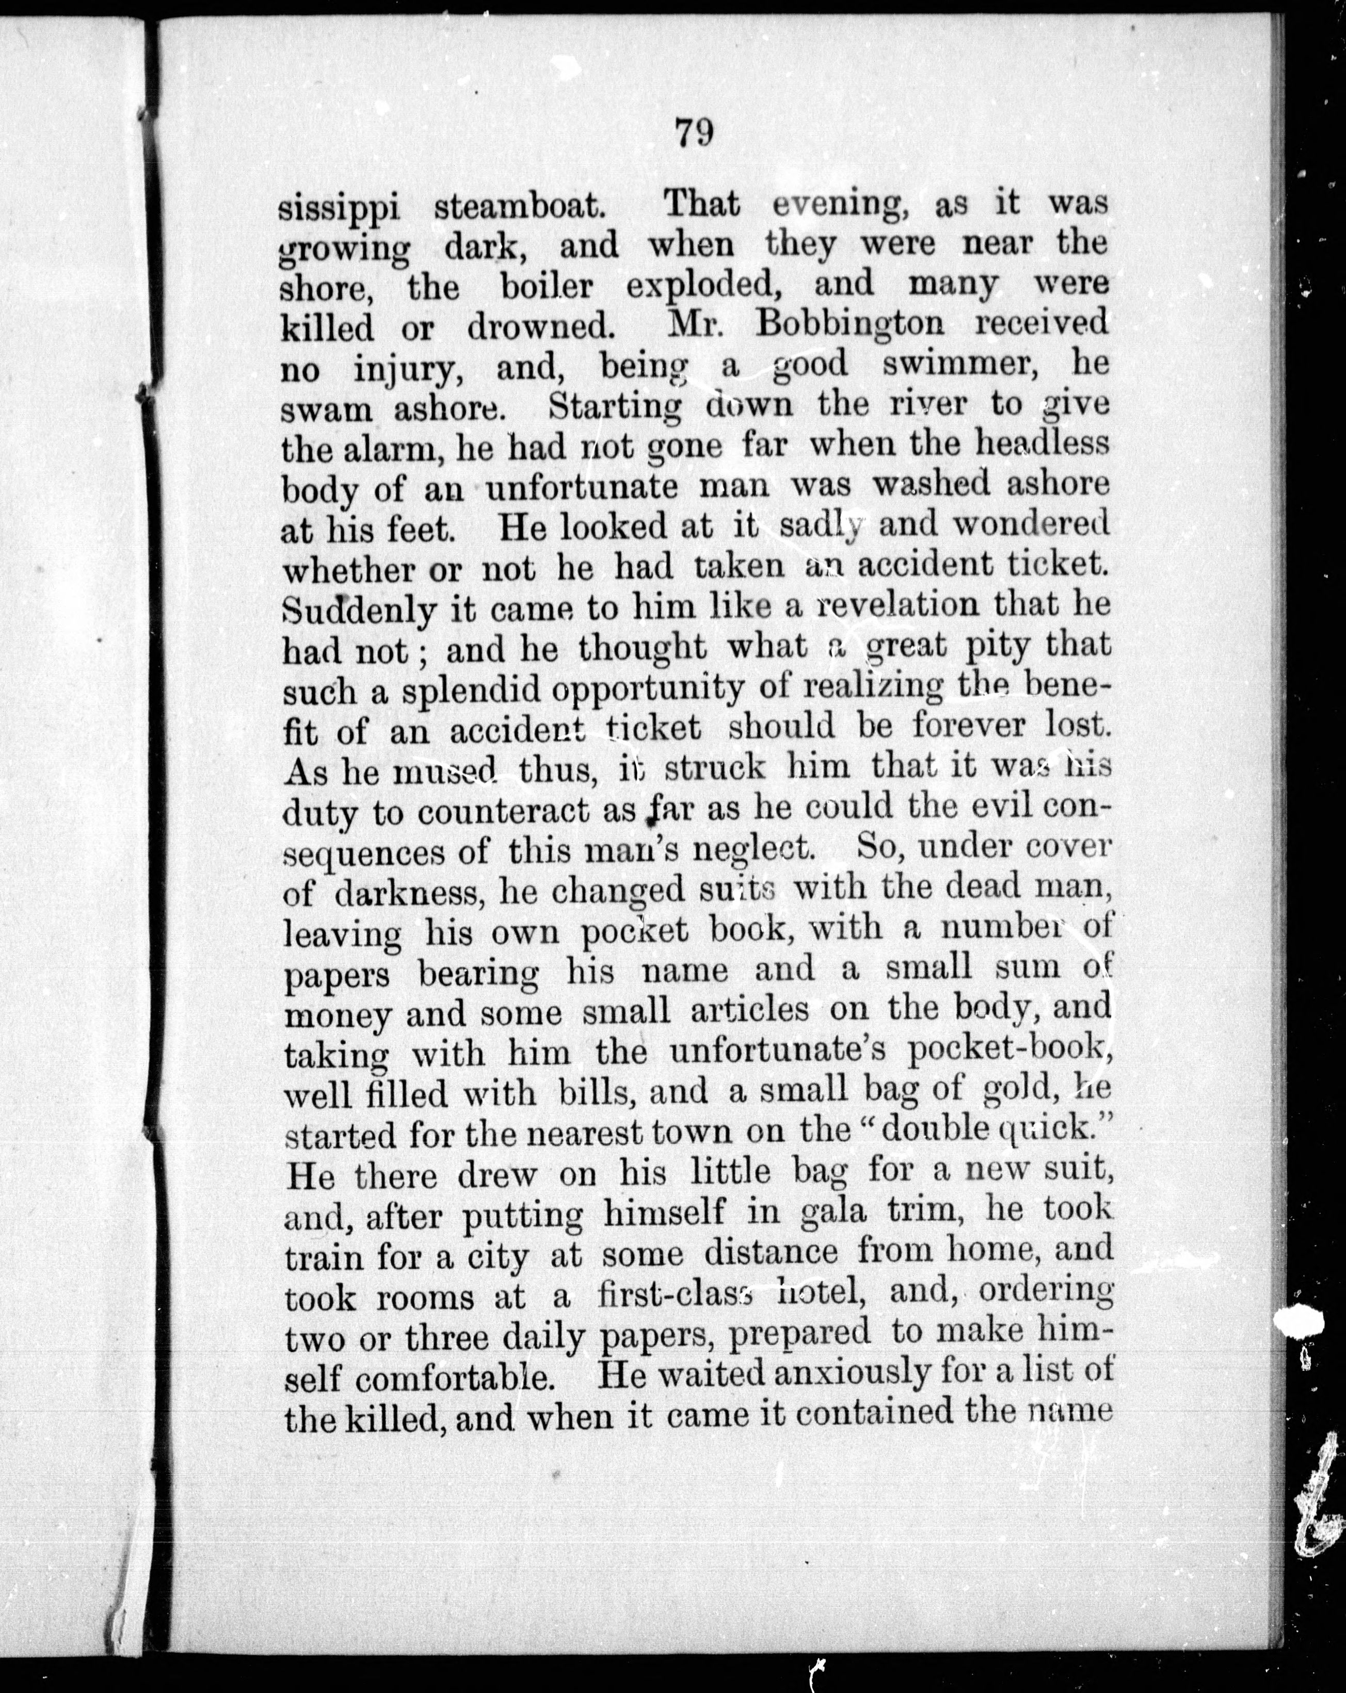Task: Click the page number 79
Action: coord(694,133)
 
